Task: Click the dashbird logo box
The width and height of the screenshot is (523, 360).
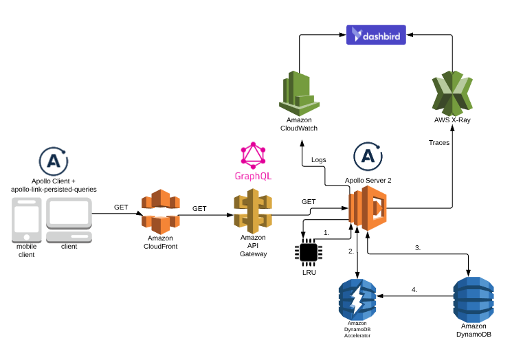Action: [376, 34]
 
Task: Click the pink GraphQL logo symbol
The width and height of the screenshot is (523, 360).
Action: [253, 156]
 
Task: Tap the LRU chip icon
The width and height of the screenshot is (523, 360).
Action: [307, 253]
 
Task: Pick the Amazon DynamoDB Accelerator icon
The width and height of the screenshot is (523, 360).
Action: [357, 300]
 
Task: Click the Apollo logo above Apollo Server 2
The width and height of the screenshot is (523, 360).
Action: [368, 157]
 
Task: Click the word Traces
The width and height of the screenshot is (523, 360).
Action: [439, 143]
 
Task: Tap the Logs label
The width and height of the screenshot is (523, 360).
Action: [319, 160]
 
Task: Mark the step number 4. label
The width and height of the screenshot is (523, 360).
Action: [414, 289]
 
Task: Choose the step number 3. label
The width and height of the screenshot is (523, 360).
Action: [417, 247]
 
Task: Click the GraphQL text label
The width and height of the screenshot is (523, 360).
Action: [253, 176]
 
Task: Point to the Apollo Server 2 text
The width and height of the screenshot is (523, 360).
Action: [368, 180]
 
